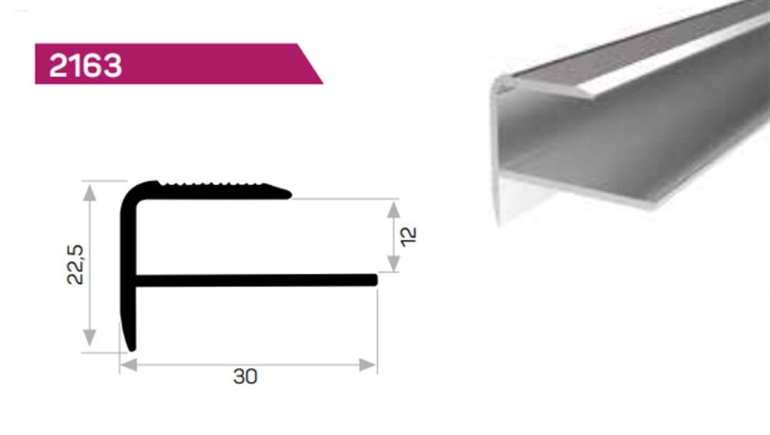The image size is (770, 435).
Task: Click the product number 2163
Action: (x=85, y=65)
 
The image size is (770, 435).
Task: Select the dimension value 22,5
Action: (x=75, y=265)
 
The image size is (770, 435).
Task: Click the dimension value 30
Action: (x=245, y=376)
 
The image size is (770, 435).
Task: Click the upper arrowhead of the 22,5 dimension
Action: (x=90, y=191)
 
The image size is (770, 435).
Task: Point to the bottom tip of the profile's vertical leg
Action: (x=132, y=347)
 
